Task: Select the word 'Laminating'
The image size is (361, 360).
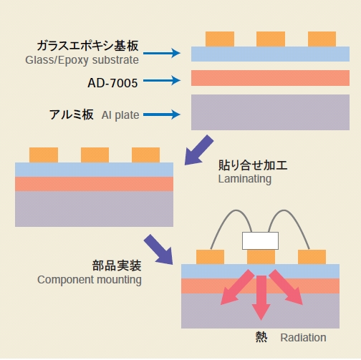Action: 244,179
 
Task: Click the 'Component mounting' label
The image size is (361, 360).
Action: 90,279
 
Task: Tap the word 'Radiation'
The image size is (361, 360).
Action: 303,337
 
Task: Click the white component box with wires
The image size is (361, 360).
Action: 260,240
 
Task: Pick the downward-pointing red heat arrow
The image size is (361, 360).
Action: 261,296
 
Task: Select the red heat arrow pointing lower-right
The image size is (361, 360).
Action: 289,288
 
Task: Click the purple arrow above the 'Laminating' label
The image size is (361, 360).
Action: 198,150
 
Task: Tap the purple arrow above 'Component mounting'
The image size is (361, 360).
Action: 158,248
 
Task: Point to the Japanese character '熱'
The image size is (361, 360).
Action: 261,336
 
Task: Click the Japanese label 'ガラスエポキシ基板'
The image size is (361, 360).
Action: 91,46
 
